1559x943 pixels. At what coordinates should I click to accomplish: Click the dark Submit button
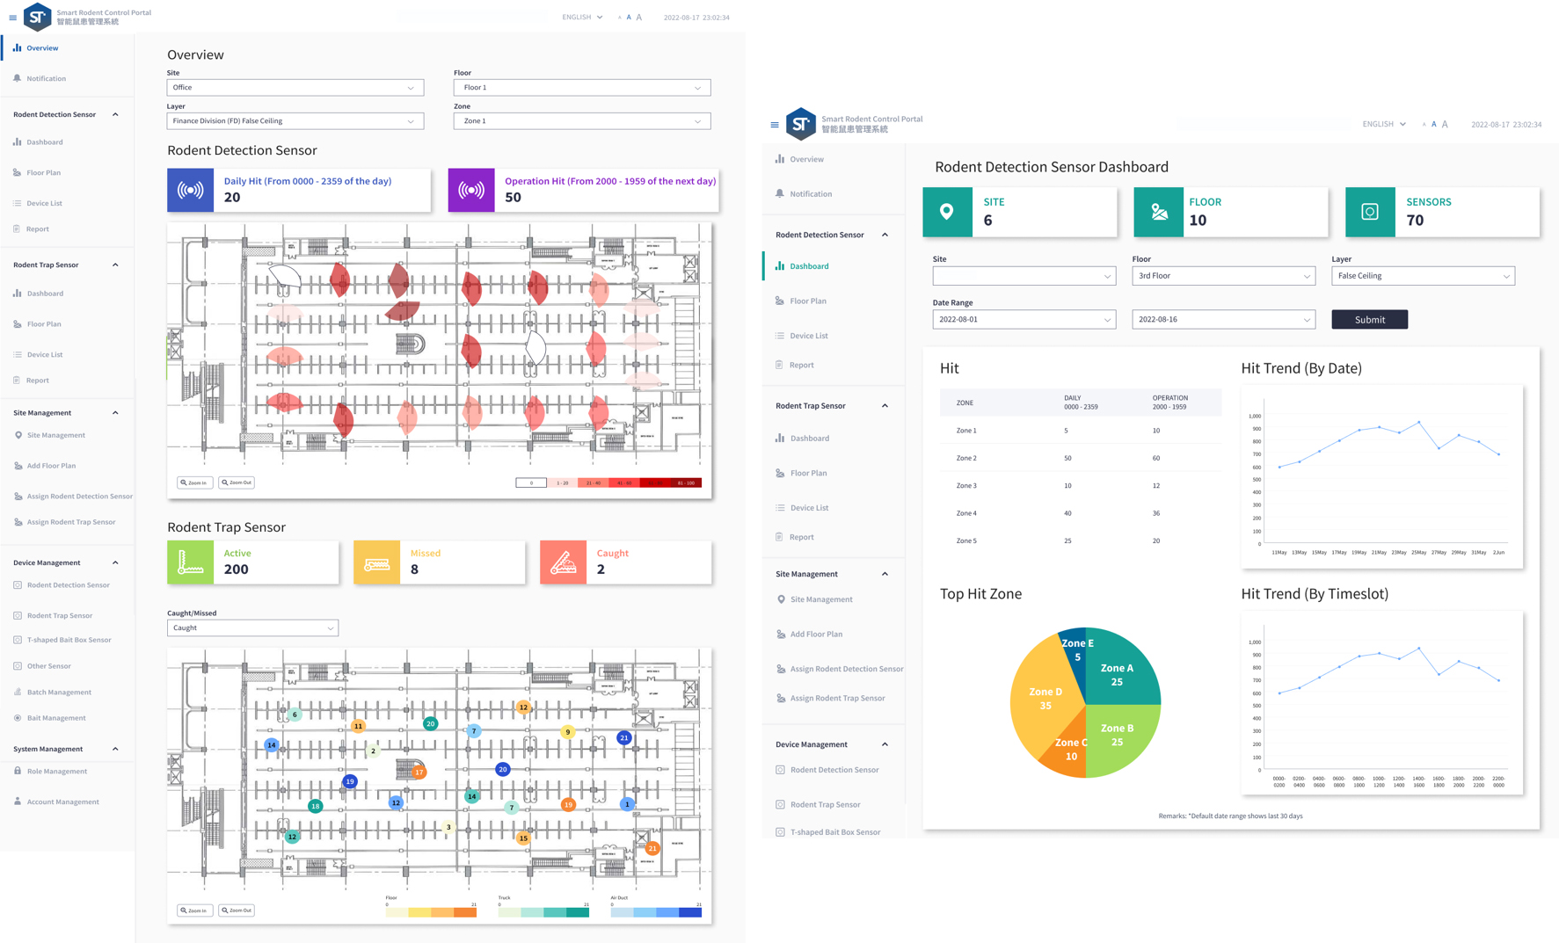click(1369, 320)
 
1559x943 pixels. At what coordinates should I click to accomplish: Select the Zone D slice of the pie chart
click(1044, 699)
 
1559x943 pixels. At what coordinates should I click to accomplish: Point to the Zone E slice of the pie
click(1076, 648)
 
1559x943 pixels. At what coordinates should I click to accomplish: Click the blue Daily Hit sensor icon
click(191, 190)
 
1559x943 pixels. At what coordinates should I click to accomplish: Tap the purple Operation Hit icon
click(471, 190)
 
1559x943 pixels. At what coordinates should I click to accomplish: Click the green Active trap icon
click(191, 562)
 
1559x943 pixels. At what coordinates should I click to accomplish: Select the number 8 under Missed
click(414, 569)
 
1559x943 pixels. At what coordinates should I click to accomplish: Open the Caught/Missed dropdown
click(252, 628)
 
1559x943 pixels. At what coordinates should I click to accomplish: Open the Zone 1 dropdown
click(581, 121)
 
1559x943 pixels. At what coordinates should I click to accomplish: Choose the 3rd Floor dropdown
click(1222, 276)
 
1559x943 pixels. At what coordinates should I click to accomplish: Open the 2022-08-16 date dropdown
click(1222, 320)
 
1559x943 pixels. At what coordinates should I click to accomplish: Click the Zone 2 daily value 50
click(1067, 458)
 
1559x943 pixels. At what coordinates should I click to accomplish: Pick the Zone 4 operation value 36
click(1155, 513)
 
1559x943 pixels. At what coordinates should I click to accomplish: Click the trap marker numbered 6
click(295, 715)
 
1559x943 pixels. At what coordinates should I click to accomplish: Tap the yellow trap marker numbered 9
click(568, 732)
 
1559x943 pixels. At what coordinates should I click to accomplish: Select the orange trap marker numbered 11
click(358, 726)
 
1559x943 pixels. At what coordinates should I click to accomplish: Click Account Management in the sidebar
click(62, 802)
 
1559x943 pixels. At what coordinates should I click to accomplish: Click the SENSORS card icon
click(1369, 212)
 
